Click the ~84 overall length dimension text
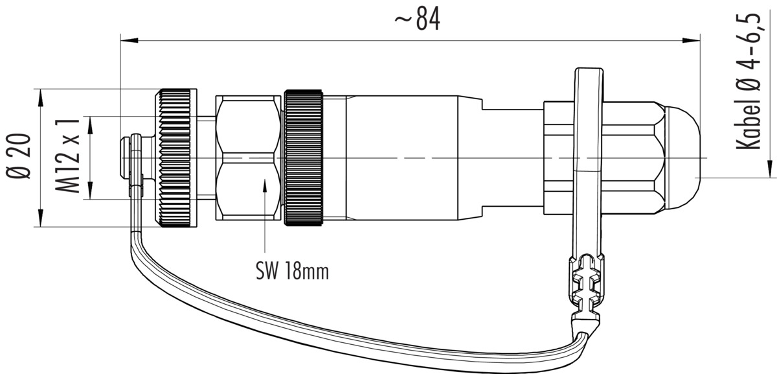click(417, 19)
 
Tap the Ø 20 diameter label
click(19, 156)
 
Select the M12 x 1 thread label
click(67, 155)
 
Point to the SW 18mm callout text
click(292, 271)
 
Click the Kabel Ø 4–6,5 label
click(749, 82)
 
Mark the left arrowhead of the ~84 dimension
click(129, 41)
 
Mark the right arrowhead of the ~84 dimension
click(692, 41)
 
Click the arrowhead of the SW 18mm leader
click(265, 185)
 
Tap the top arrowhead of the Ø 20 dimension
click(41, 98)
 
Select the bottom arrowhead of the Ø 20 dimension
click(41, 218)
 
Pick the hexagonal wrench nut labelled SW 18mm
click(248, 158)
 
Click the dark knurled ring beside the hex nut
click(304, 158)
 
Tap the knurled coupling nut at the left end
click(175, 158)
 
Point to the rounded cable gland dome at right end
click(682, 158)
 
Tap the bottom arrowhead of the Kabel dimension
click(770, 169)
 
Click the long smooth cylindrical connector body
click(402, 158)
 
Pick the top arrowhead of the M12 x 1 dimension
click(91, 125)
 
